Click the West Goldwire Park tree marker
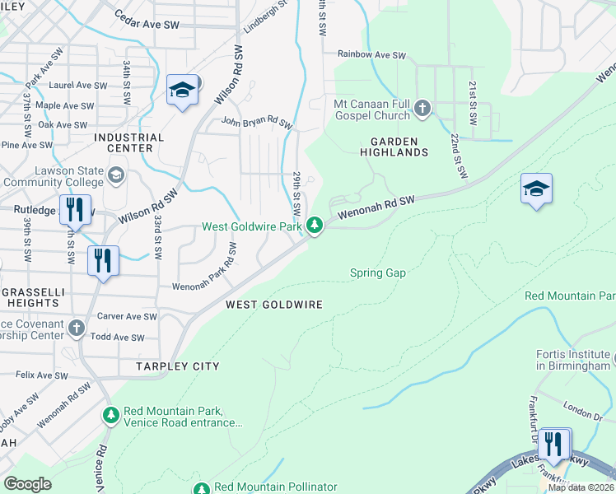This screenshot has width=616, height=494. click(314, 225)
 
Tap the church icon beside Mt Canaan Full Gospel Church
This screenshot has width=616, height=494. click(422, 108)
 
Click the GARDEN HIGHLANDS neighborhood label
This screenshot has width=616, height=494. click(394, 147)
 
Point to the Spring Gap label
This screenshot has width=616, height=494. click(378, 273)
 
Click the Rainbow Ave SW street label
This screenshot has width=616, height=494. click(372, 55)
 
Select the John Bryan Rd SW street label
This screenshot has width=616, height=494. click(256, 123)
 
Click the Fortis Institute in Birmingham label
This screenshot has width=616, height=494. click(573, 360)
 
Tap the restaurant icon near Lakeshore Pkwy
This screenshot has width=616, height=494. click(555, 445)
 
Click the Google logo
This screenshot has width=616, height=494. click(27, 483)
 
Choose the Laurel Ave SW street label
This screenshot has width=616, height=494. click(77, 85)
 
